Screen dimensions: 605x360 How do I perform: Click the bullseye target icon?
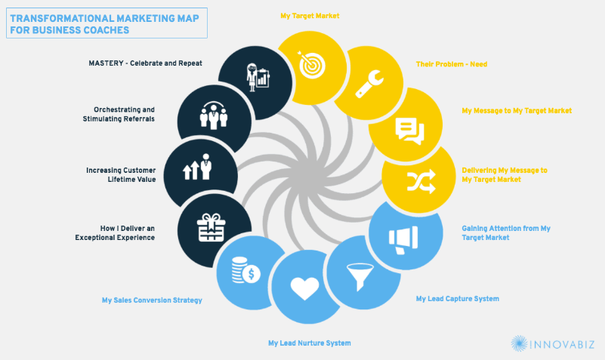point(312,65)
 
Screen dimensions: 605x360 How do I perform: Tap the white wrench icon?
point(369,84)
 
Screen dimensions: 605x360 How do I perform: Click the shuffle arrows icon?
point(421,181)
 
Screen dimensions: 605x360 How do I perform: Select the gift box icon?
point(211,227)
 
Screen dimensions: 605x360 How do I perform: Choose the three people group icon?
point(213,115)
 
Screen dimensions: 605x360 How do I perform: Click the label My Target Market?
point(310,16)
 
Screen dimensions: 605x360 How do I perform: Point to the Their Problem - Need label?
point(452,64)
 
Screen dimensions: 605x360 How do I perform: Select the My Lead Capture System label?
point(457,299)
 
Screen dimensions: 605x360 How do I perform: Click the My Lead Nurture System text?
point(310,343)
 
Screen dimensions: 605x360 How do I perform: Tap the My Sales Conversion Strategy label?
point(152,300)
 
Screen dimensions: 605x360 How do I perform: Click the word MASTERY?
point(106,63)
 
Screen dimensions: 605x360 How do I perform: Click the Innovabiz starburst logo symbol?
point(520,343)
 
